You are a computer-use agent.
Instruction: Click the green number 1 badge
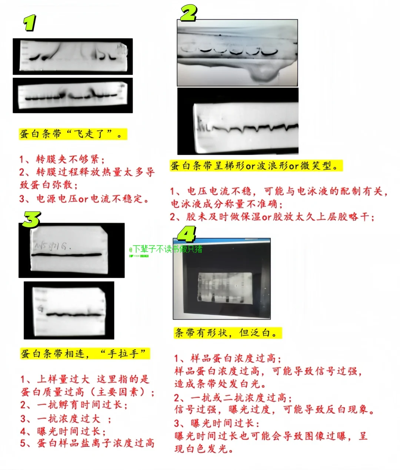click(x=29, y=23)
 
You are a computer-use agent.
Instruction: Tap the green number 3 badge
click(x=31, y=219)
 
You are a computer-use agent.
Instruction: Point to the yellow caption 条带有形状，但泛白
click(x=227, y=333)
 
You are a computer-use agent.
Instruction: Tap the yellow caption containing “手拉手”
click(x=85, y=354)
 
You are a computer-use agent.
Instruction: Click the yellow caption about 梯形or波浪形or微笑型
click(x=256, y=166)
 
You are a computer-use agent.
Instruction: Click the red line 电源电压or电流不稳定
click(x=84, y=199)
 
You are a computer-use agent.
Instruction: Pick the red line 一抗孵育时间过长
click(x=74, y=405)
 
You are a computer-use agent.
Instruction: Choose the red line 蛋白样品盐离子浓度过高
click(x=87, y=443)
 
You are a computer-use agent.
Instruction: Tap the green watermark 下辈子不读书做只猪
click(x=167, y=249)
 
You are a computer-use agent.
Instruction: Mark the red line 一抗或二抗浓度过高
click(x=233, y=398)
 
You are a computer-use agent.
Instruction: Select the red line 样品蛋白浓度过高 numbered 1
click(x=228, y=358)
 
